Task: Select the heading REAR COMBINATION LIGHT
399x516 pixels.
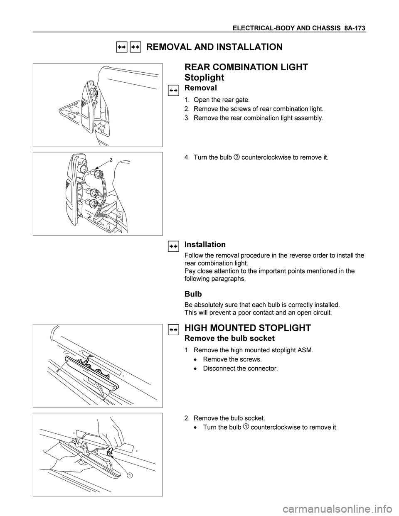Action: (246, 67)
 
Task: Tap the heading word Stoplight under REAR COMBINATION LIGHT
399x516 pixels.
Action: (204, 78)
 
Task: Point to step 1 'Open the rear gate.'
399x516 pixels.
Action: (222, 100)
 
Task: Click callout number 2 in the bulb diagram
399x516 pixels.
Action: (111, 159)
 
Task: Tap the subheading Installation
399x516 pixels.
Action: (204, 244)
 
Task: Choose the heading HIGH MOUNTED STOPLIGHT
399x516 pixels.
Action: (247, 328)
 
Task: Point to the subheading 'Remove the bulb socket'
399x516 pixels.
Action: (229, 339)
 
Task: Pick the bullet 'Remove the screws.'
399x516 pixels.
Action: (232, 359)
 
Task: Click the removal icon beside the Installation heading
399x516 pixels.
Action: (173, 246)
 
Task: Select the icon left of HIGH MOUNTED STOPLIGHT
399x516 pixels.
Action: (173, 329)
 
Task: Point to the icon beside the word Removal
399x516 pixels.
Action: (173, 89)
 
